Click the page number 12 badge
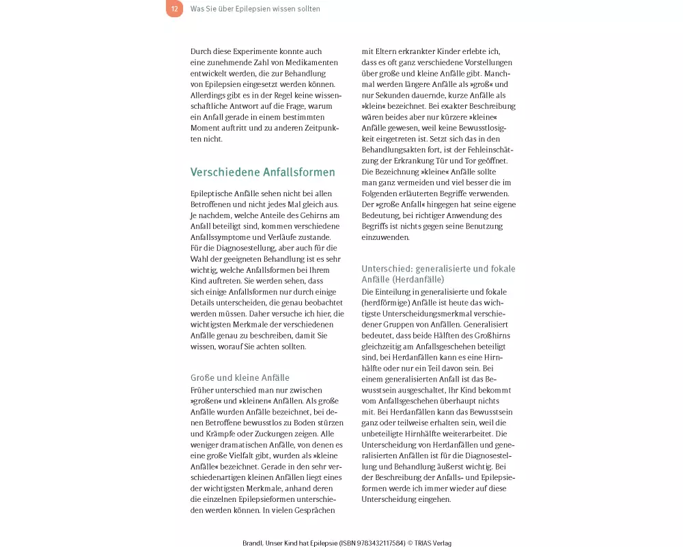[174, 9]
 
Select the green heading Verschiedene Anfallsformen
[262, 172]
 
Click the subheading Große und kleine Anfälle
[240, 377]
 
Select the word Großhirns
[491, 335]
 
